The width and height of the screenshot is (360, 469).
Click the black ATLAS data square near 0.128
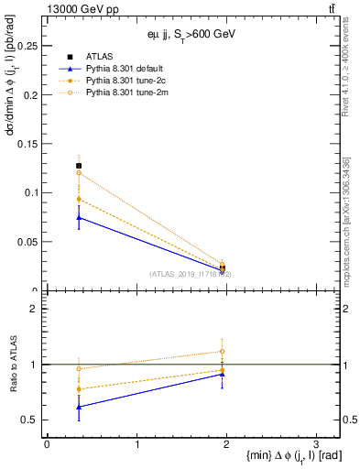click(79, 166)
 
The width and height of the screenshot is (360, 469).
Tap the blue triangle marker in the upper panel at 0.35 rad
click(79, 217)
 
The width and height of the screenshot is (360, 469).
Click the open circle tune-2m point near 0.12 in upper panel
click(79, 173)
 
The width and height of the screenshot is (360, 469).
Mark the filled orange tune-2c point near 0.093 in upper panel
click(79, 199)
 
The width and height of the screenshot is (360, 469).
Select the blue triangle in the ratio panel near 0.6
click(79, 407)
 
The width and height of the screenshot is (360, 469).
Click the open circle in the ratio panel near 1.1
click(223, 351)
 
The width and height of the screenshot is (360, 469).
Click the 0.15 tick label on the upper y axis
click(27, 144)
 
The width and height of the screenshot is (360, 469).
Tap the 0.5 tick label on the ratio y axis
click(30, 420)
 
